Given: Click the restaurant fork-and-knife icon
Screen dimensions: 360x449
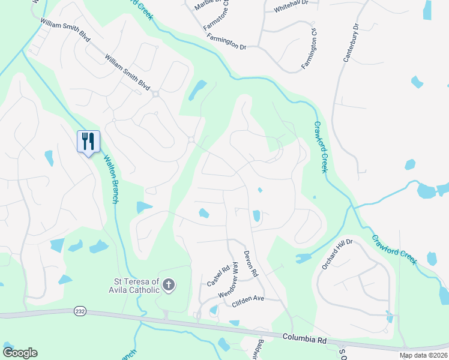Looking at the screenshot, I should (88, 141).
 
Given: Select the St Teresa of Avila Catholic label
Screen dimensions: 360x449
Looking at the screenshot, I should (137, 286).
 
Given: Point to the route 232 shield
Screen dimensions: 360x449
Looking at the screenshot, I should (80, 311).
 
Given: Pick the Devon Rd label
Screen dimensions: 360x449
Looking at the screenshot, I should (250, 263).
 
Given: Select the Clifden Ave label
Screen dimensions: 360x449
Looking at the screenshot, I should (248, 298).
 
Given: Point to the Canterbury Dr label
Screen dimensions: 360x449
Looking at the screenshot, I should (350, 44).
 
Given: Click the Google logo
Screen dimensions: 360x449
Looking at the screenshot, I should (20, 353).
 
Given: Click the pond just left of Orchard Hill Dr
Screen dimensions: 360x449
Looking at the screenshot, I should (303, 259).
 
